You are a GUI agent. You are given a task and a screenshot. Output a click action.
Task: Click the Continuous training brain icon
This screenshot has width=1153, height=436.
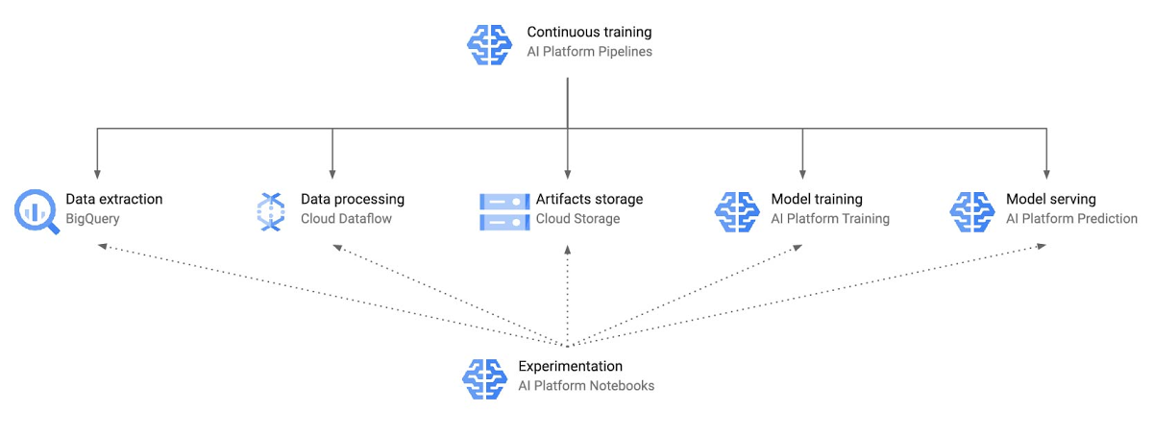[x=489, y=42]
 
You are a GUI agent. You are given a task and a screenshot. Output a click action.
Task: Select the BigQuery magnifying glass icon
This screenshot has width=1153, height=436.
[x=37, y=210]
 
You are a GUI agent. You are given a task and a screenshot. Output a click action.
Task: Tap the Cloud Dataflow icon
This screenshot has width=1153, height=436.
[x=271, y=210]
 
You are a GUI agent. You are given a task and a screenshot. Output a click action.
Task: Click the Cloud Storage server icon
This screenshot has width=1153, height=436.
[x=505, y=210]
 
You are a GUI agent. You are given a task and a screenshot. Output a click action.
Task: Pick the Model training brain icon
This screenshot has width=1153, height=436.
[x=737, y=210]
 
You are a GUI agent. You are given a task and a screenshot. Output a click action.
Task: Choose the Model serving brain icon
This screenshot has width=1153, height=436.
[x=972, y=210]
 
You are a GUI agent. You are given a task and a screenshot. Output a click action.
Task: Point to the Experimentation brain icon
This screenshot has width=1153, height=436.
[x=484, y=376]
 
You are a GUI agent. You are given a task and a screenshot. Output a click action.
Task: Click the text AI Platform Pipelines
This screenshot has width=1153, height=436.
[x=589, y=52]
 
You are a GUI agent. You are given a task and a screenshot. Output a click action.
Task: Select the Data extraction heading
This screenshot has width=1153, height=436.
[x=114, y=200]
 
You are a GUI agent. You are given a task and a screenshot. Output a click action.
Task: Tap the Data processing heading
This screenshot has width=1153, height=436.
[x=353, y=200]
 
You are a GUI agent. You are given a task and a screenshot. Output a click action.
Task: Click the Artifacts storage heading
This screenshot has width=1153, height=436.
[x=589, y=200]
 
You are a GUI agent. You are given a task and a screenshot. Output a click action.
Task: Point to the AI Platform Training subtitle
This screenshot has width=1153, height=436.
[x=830, y=219]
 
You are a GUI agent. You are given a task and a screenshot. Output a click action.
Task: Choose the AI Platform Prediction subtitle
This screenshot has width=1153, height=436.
[x=1071, y=219]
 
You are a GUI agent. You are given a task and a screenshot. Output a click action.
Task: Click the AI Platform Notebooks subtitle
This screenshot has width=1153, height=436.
[x=586, y=386]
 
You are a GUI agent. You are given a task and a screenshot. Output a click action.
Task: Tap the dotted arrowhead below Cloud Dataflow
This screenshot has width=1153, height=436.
[x=337, y=247]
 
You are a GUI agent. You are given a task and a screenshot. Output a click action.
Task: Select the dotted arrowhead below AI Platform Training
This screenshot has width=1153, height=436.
[x=797, y=247]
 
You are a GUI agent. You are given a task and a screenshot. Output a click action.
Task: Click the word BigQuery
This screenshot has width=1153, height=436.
[x=92, y=219]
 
